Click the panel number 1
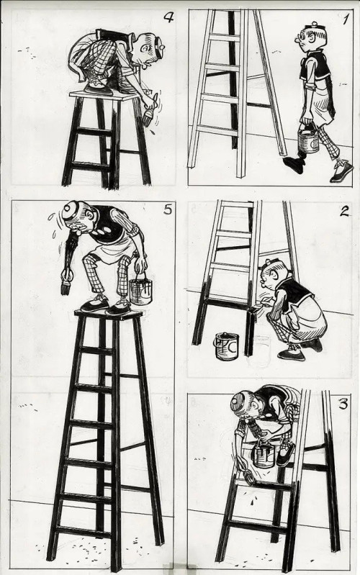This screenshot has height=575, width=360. [346, 19]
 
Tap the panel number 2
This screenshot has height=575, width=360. [344, 212]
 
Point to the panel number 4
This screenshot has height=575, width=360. [168, 17]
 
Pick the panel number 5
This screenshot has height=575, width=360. [167, 210]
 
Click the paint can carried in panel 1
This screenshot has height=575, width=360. [308, 140]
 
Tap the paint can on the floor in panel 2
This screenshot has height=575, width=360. [226, 346]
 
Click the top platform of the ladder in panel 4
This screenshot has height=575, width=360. [104, 95]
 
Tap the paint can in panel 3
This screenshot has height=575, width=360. [264, 454]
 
